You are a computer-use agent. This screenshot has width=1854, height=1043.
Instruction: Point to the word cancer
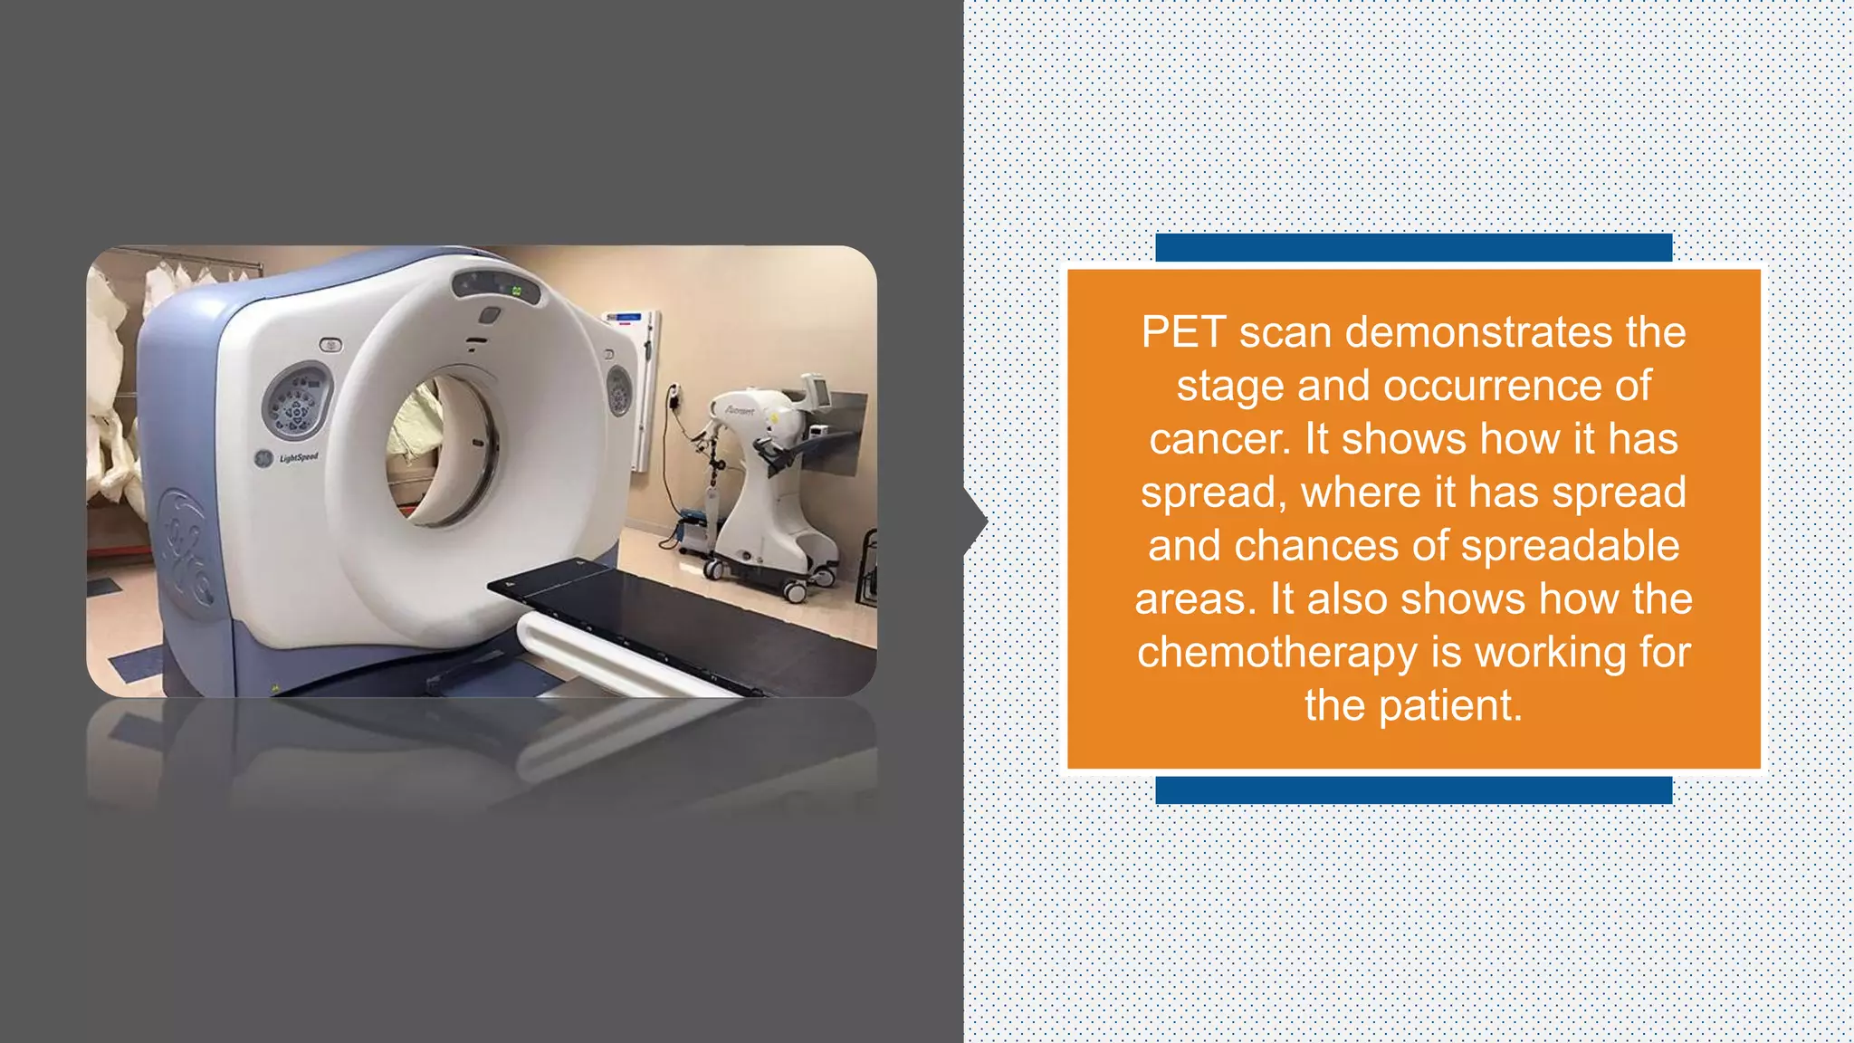tap(1219, 439)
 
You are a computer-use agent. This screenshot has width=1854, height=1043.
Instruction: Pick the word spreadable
tap(1570, 546)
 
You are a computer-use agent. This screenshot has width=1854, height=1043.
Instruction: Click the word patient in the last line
tap(1449, 706)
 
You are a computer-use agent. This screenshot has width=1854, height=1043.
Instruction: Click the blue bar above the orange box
tap(1413, 247)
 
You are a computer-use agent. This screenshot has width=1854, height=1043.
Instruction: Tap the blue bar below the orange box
tap(1413, 789)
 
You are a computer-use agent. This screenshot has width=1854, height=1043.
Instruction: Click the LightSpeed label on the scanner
tap(298, 457)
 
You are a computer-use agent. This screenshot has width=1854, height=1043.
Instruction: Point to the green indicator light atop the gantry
tap(517, 292)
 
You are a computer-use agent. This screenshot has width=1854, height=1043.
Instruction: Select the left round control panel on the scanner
tap(296, 401)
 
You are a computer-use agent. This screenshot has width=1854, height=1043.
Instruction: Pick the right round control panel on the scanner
tap(619, 390)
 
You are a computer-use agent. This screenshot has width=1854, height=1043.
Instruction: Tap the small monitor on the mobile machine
tap(817, 389)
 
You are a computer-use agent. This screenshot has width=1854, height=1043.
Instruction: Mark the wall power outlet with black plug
tap(673, 396)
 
